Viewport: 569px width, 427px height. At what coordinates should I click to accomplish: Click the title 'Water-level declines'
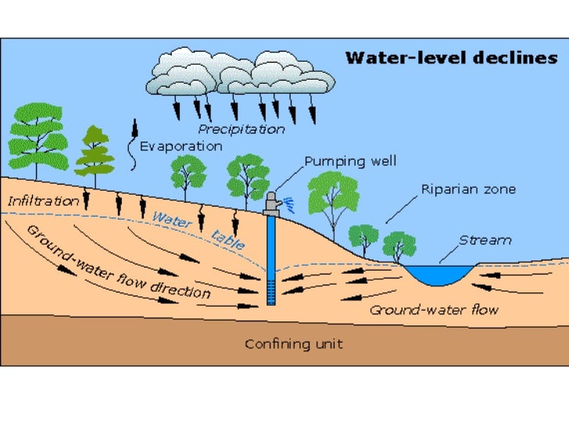tap(451, 58)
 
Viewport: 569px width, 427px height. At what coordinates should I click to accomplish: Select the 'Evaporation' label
tap(181, 146)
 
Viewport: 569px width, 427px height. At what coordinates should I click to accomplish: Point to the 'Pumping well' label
tap(350, 162)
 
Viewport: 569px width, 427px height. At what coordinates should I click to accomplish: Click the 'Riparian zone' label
tap(468, 189)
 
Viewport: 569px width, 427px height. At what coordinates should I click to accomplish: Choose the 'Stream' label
tap(485, 240)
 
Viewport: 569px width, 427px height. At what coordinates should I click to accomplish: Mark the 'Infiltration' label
tap(44, 201)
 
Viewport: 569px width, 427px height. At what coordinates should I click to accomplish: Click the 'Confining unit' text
tap(293, 343)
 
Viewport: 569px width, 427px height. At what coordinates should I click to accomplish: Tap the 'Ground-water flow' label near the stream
tap(433, 310)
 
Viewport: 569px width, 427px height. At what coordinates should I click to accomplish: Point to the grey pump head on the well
tap(271, 204)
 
